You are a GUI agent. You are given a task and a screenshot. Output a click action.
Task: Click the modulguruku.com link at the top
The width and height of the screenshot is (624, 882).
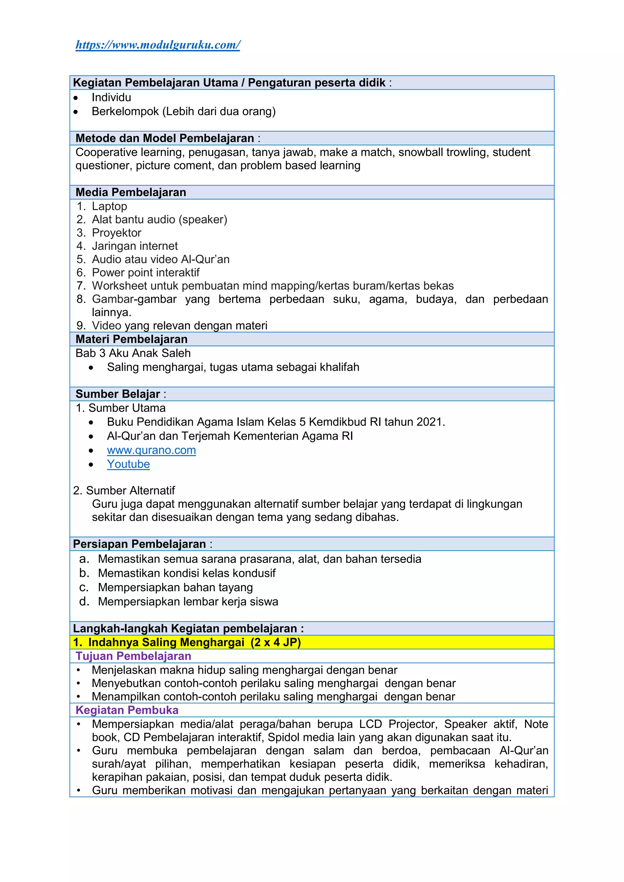(x=158, y=45)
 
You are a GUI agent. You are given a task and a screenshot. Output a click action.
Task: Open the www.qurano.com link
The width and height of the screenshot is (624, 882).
(x=151, y=450)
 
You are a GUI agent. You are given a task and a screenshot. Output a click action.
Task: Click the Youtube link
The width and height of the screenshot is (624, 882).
(x=128, y=464)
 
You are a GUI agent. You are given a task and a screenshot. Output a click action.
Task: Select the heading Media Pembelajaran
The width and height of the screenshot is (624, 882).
(x=131, y=192)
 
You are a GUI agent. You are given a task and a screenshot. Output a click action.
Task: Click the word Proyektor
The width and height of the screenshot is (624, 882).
(x=116, y=233)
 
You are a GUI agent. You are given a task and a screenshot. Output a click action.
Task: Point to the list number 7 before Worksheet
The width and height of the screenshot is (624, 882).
(x=80, y=286)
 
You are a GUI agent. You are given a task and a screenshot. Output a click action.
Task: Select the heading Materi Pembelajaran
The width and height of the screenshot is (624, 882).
(x=131, y=339)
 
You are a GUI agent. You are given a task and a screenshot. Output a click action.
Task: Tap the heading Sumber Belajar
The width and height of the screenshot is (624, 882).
(x=118, y=394)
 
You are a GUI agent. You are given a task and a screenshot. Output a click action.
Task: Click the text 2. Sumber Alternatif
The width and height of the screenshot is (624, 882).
(x=124, y=491)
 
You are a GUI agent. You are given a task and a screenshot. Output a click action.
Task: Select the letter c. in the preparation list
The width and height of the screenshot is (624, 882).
(x=84, y=587)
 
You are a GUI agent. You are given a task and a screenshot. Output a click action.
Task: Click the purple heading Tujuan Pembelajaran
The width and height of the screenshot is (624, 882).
(x=133, y=656)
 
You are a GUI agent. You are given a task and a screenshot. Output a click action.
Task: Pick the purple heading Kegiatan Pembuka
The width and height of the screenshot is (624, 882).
(x=127, y=710)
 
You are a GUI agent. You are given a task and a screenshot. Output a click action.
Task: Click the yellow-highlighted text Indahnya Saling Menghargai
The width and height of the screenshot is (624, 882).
(x=166, y=642)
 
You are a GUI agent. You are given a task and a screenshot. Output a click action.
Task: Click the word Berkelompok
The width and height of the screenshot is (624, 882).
(x=125, y=111)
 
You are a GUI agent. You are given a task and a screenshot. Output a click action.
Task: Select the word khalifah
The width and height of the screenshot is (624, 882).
(x=339, y=367)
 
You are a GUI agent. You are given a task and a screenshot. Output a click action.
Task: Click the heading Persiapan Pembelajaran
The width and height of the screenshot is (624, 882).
(x=140, y=544)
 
